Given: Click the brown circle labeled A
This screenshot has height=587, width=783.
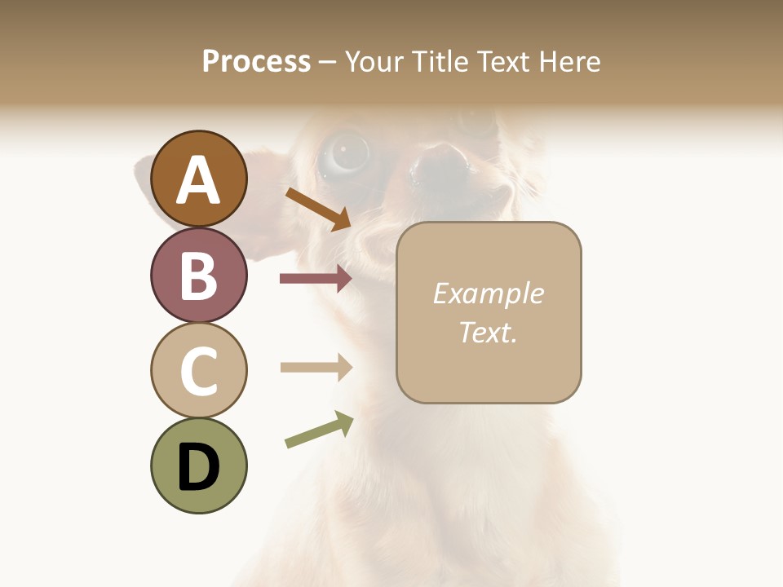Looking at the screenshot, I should (198, 179).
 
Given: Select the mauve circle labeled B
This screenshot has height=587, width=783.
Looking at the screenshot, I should (198, 276).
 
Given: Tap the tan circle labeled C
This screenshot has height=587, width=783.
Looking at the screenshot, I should (198, 370).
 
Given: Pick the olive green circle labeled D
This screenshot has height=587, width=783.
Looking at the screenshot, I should (198, 466).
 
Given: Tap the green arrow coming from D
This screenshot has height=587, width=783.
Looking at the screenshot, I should (319, 430).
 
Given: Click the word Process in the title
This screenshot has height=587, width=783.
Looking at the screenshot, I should (256, 61).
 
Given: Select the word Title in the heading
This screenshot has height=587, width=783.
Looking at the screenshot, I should (441, 61).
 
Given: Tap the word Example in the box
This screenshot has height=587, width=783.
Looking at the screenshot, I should (488, 293).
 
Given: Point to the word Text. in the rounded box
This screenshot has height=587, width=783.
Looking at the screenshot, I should (488, 332).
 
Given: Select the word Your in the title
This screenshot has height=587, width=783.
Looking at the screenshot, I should (375, 61).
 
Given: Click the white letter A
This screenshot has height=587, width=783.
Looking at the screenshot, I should (198, 180).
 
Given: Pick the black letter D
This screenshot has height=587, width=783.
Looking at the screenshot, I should (198, 467).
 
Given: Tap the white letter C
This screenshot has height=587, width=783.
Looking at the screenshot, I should (198, 371).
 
